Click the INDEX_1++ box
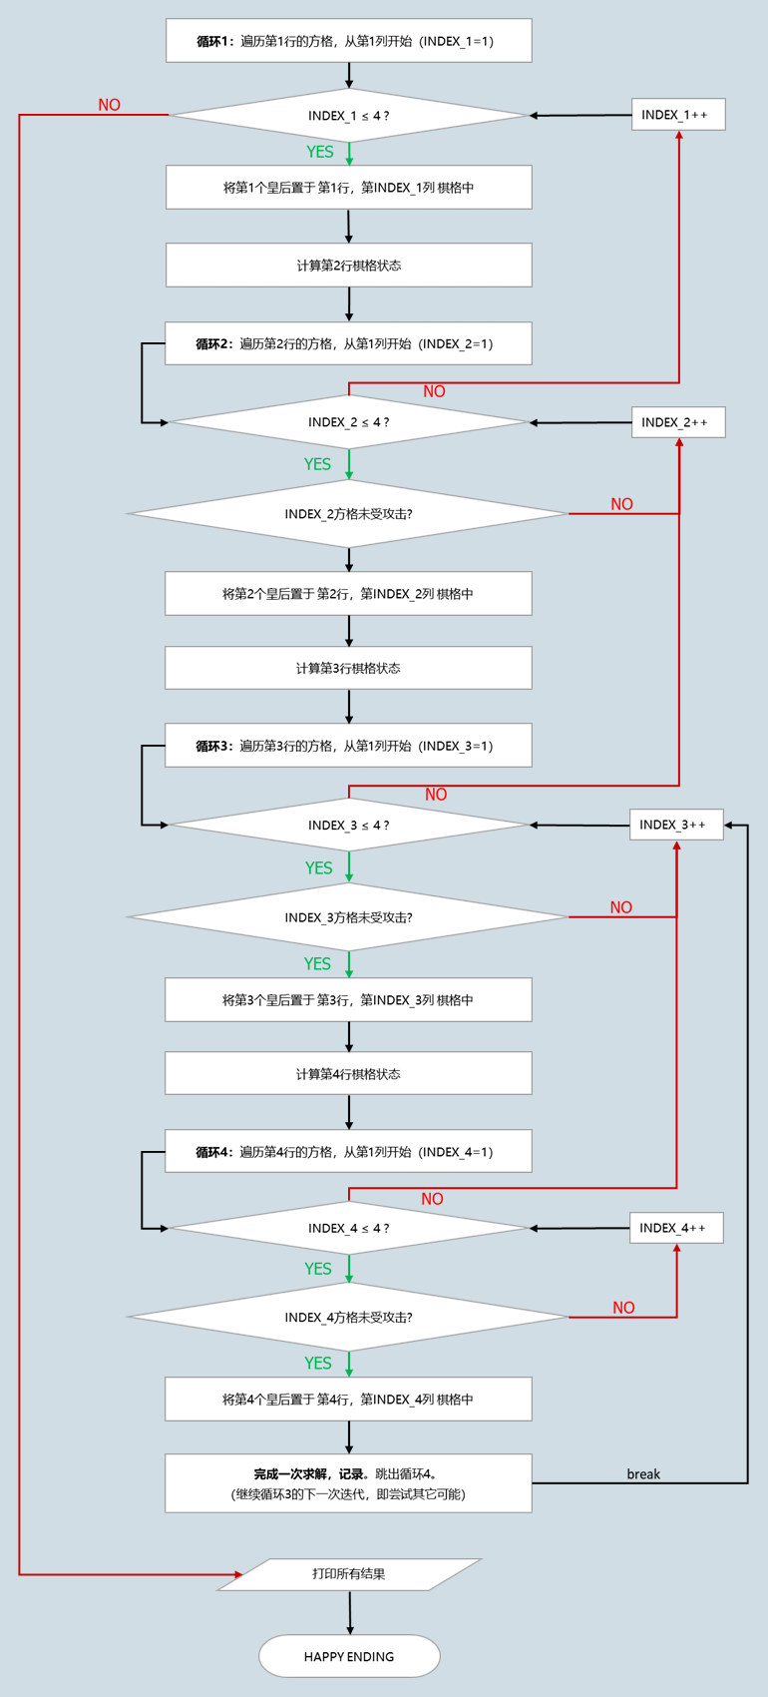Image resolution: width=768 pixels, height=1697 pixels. [x=678, y=115]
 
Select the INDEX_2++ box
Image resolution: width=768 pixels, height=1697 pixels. [x=678, y=422]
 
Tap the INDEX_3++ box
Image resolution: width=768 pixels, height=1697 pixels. [x=676, y=825]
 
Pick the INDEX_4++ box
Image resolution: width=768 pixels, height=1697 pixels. [x=676, y=1228]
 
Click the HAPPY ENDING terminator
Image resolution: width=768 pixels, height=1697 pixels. [x=349, y=1656]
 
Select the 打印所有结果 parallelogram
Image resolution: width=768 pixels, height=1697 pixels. [x=349, y=1574]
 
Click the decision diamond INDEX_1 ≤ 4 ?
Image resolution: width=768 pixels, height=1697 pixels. [x=349, y=116]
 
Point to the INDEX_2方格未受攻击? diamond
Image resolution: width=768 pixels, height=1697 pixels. [x=348, y=514]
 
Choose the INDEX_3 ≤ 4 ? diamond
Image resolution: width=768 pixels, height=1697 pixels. [x=349, y=825]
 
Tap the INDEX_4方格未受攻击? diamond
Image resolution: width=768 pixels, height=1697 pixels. [x=348, y=1318]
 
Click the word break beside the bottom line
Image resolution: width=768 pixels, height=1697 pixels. [x=643, y=1474]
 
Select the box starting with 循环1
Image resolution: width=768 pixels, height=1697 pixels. [x=348, y=41]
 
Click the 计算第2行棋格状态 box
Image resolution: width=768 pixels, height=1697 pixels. [x=348, y=266]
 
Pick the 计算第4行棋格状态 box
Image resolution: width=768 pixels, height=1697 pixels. [x=348, y=1074]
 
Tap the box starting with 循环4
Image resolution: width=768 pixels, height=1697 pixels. [x=348, y=1152]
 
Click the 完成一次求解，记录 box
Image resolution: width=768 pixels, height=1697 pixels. [x=348, y=1483]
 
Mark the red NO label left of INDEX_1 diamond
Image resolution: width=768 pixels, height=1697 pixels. [x=109, y=105]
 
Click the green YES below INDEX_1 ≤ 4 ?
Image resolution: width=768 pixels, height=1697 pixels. [x=319, y=152]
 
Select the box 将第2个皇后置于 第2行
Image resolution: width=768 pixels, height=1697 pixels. [x=348, y=594]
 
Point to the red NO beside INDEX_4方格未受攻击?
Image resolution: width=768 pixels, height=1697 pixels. [x=623, y=1308]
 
